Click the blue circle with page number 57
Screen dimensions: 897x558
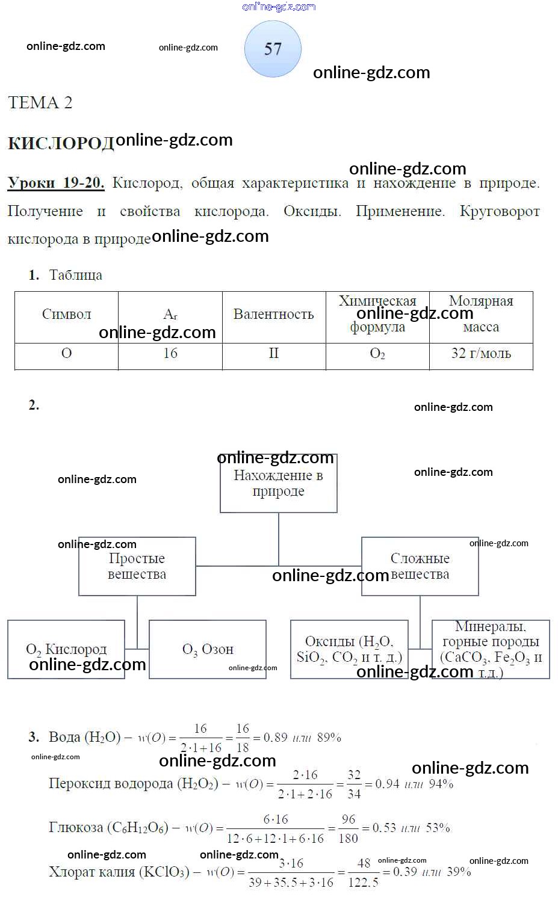[273, 49]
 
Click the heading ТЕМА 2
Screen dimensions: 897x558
[40, 103]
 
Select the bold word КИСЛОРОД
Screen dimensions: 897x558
[61, 143]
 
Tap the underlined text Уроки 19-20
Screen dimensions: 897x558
[56, 183]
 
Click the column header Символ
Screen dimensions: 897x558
[66, 315]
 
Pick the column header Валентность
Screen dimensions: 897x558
[273, 315]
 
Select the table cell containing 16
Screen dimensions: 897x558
[170, 354]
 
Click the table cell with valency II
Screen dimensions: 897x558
[273, 354]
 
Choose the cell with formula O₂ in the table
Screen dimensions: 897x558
[377, 354]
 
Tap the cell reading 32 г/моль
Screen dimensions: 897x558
[481, 354]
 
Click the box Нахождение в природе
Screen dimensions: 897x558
[278, 484]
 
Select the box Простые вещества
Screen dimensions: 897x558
[137, 566]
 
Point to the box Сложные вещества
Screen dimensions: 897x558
[420, 566]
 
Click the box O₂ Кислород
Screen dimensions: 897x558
[66, 650]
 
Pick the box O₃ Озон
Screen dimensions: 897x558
[207, 650]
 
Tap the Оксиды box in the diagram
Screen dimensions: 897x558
[349, 650]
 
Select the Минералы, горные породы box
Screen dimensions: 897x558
[491, 650]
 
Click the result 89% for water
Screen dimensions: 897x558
[329, 738]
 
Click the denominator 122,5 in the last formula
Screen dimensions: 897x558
[364, 883]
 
